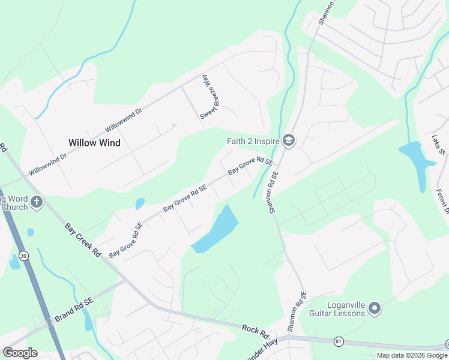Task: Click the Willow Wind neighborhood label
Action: pyautogui.click(x=94, y=143)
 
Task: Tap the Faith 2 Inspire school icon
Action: pyautogui.click(x=289, y=141)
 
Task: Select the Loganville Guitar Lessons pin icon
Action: pyautogui.click(x=375, y=308)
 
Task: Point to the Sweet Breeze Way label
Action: pyautogui.click(x=207, y=97)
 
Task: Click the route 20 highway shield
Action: pyautogui.click(x=23, y=256)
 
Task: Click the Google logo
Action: pyautogui.click(x=20, y=352)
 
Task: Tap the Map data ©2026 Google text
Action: pyautogui.click(x=412, y=355)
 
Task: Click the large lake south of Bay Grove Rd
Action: pyautogui.click(x=216, y=230)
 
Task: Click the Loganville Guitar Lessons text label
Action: pyautogui.click(x=337, y=308)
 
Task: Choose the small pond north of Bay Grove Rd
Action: pyautogui.click(x=140, y=204)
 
